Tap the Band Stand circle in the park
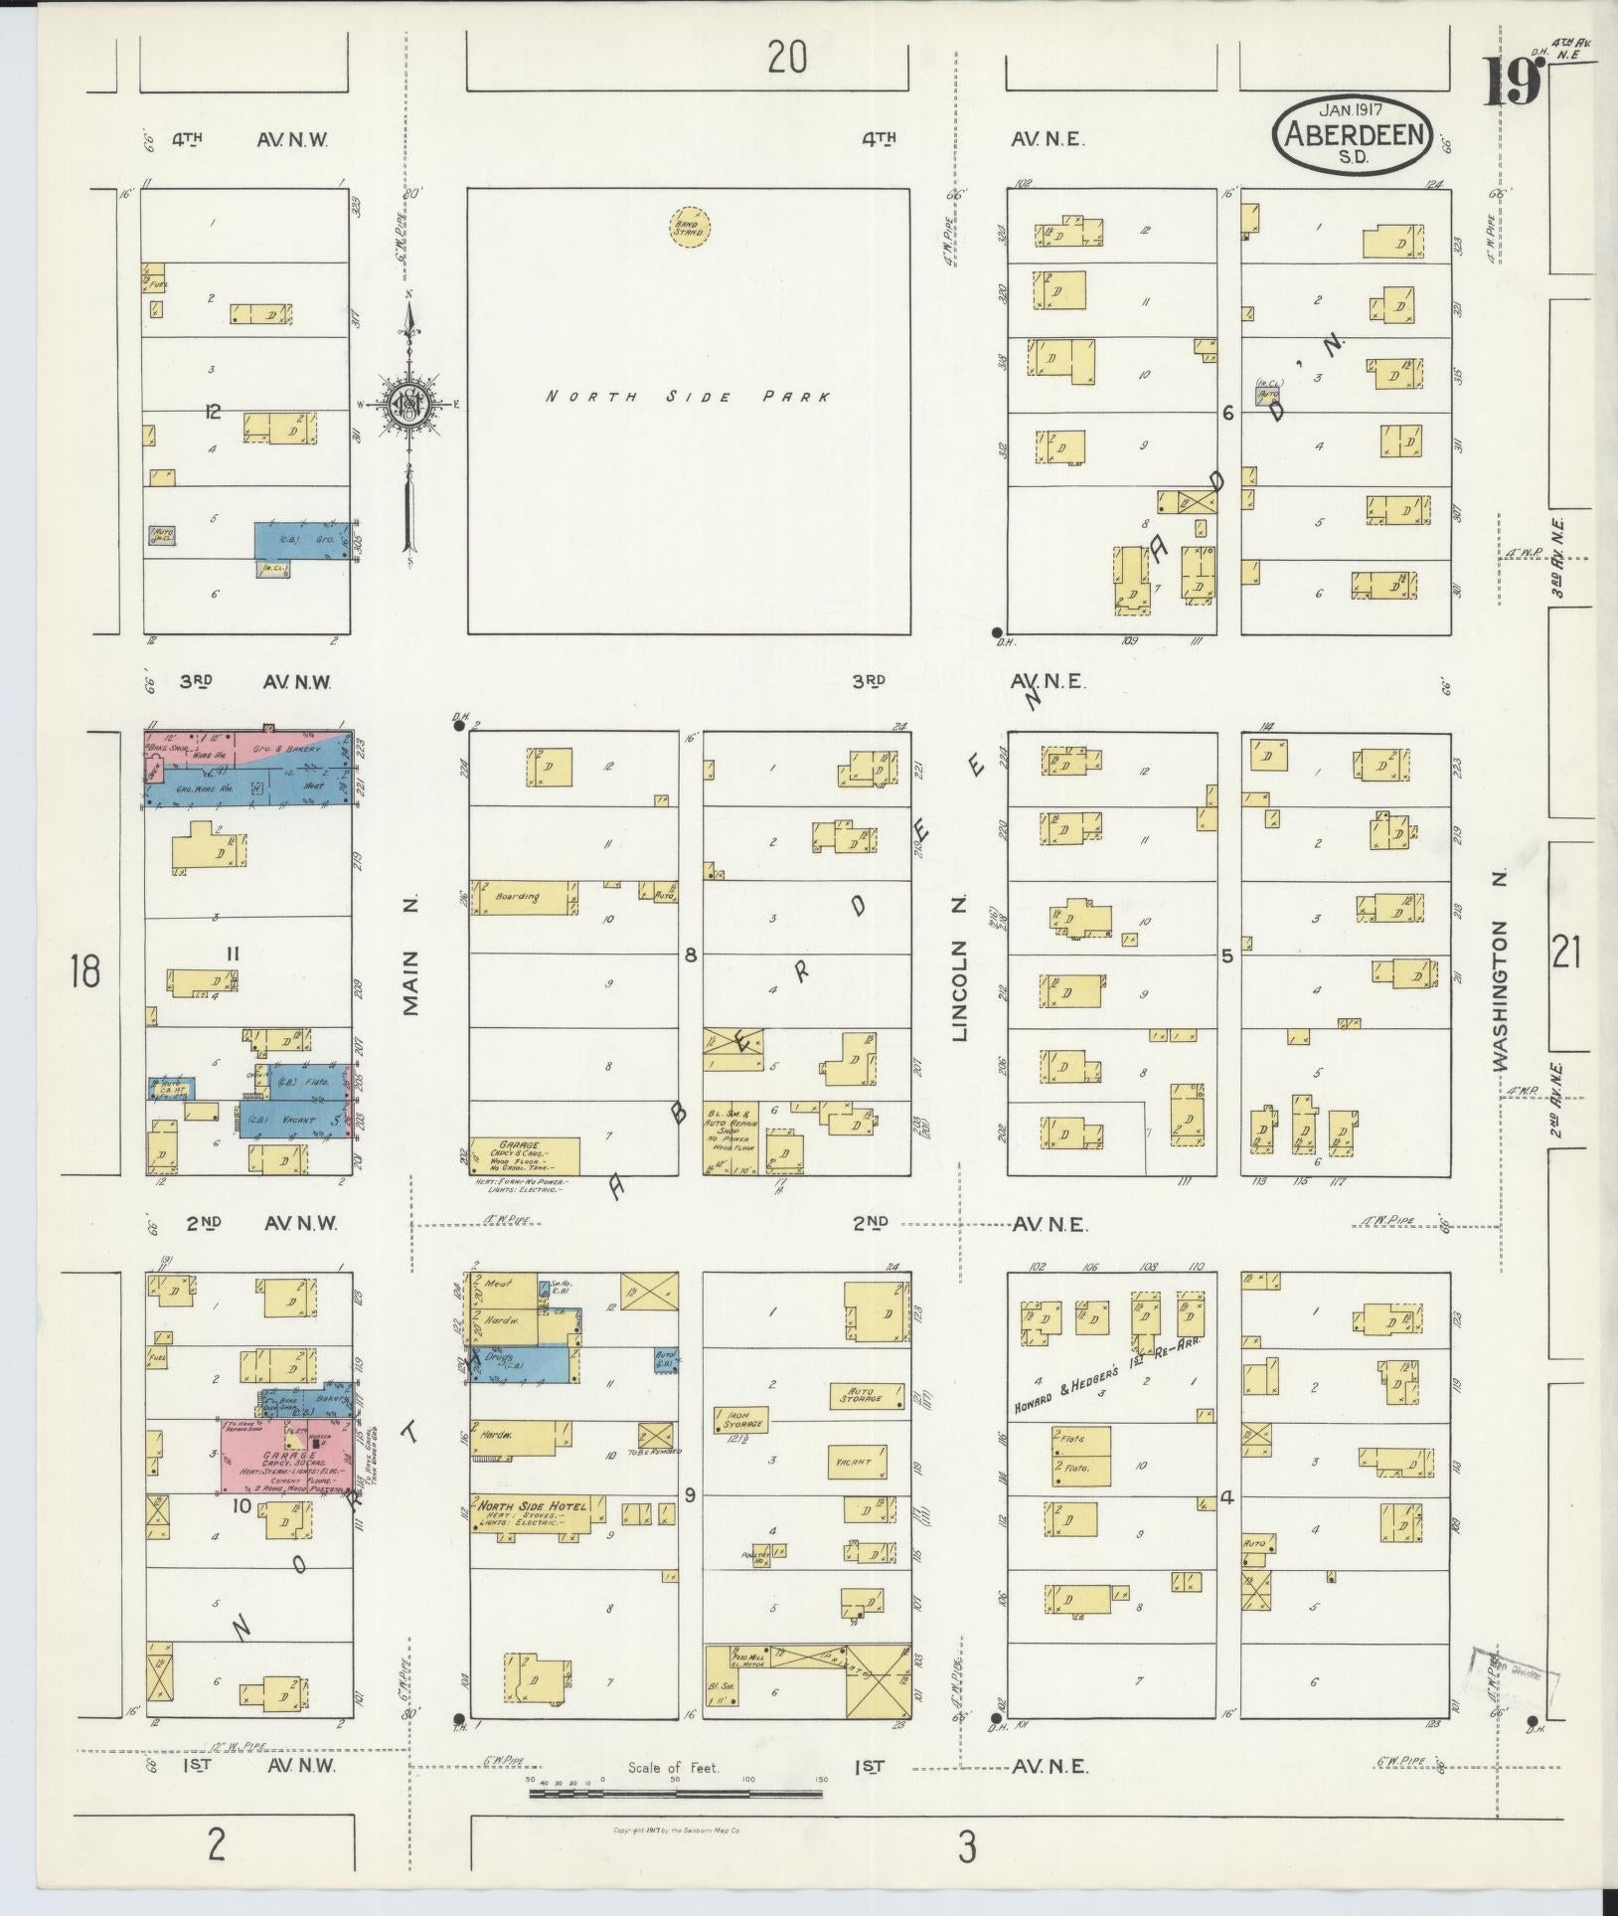[690, 228]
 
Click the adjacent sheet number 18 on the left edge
[84, 969]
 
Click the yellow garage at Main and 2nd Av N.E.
[525, 1155]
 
